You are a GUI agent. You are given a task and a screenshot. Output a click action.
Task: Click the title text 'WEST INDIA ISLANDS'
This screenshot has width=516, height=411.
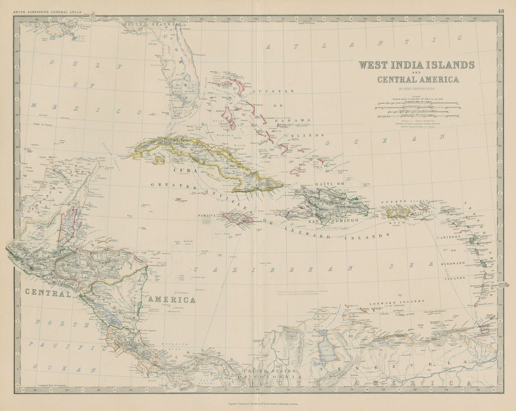416,66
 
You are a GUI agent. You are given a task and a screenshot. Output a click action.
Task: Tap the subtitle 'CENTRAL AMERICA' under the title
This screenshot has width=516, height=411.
418,80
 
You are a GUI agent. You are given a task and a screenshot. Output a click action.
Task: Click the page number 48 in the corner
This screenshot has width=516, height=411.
502,11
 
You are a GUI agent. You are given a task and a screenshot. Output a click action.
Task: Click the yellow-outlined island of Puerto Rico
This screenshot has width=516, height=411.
398,213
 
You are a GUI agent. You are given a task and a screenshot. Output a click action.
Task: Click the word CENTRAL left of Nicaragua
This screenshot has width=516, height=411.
47,293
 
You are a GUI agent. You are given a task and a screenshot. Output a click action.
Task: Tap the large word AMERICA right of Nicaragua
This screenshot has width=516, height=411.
171,299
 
